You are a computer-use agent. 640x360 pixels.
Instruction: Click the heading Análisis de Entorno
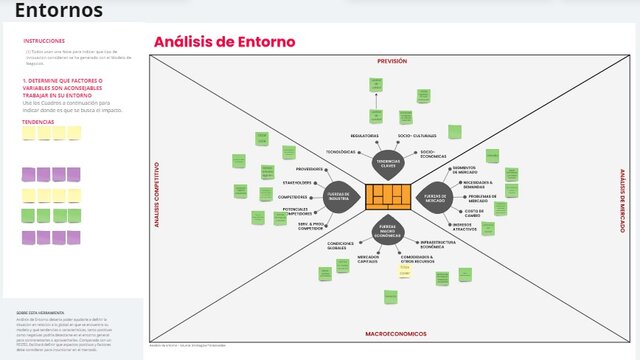pos(224,42)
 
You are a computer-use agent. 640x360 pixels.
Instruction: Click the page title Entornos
pos(58,11)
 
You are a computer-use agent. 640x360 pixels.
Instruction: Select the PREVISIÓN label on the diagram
pos(391,61)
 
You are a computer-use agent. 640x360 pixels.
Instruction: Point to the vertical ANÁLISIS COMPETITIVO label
pos(156,196)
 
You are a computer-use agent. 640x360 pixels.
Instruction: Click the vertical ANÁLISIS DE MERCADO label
pos(622,196)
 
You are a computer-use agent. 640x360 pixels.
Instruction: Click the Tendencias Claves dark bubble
pos(386,162)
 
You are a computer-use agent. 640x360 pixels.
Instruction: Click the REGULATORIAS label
pos(364,135)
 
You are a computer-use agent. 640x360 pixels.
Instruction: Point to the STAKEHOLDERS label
pos(296,183)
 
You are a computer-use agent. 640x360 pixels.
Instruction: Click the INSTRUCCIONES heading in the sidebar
pos(44,41)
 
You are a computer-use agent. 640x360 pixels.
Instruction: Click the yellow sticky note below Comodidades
pos(405,270)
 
